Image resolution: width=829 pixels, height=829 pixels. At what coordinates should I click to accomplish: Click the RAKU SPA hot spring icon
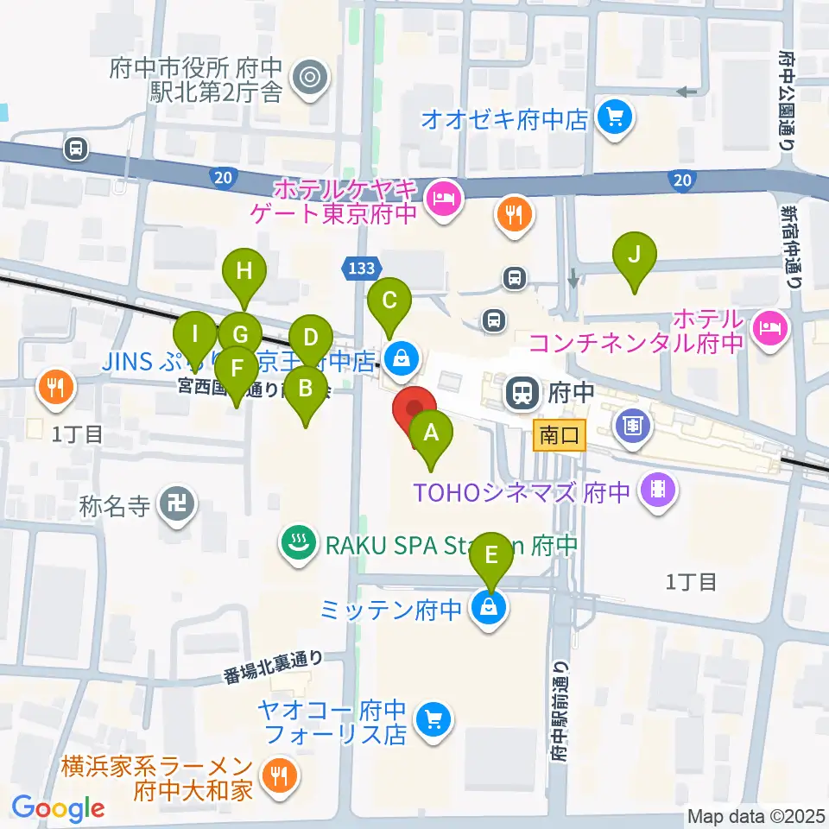click(x=299, y=544)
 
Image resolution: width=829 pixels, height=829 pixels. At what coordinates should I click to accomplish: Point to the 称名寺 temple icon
click(x=182, y=502)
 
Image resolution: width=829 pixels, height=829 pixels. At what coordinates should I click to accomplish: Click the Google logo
click(x=58, y=808)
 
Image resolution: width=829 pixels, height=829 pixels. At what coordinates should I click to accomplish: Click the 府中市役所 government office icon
click(x=307, y=79)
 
